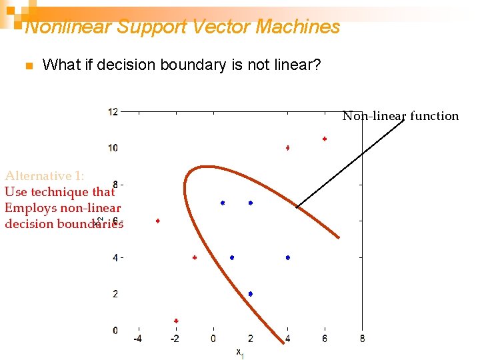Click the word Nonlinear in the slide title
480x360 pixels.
[68, 27]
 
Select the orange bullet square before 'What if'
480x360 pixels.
[28, 66]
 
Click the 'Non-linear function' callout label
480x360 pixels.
[401, 116]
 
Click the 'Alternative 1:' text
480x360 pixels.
[44, 176]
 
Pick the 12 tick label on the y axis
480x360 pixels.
[113, 111]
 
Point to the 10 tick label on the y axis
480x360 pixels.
[113, 148]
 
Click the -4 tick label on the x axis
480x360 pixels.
[137, 339]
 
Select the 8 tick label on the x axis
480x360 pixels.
[362, 339]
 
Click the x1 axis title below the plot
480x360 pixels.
[240, 353]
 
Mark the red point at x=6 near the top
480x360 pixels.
[325, 139]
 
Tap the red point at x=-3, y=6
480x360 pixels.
[158, 221]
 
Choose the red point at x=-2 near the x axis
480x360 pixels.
[176, 321]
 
